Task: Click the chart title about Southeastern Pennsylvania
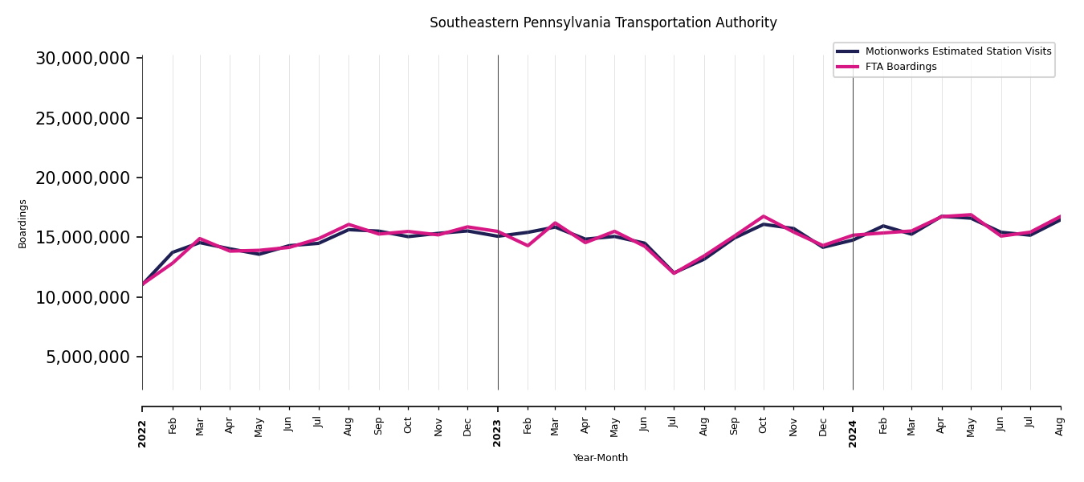coord(603,23)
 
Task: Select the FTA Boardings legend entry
coord(900,67)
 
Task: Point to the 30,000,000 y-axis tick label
coord(83,59)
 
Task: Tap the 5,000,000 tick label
coord(88,357)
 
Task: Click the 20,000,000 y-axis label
coord(83,178)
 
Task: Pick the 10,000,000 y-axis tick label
coord(83,297)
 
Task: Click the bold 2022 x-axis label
coord(142,433)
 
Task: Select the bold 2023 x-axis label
coord(498,433)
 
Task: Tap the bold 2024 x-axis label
coord(853,433)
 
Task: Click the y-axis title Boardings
coord(23,223)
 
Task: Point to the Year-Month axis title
coord(601,458)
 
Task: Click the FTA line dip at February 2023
coord(528,245)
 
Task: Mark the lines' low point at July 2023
coord(674,273)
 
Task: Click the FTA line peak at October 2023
coord(764,216)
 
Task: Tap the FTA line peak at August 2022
coord(348,224)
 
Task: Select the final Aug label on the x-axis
coord(1060,426)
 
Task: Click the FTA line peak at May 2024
coord(971,214)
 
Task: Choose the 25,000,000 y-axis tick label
coord(83,118)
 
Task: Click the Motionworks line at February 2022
coord(173,252)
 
